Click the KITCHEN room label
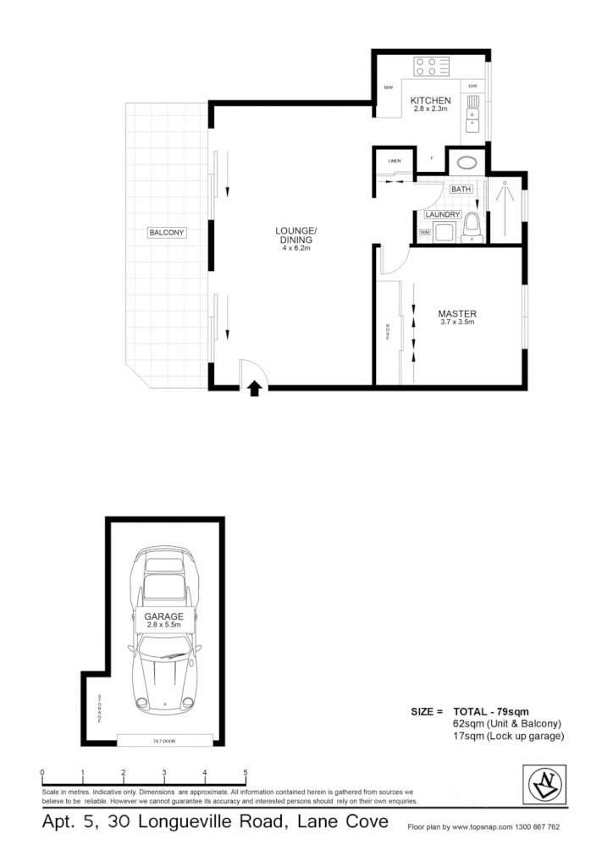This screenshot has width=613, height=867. (x=432, y=101)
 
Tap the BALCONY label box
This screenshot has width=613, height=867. (x=167, y=232)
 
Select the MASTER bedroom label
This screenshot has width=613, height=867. (x=458, y=313)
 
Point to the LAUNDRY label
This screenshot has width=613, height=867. (x=443, y=214)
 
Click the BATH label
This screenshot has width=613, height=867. (x=461, y=190)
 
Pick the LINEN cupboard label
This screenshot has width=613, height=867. (x=395, y=161)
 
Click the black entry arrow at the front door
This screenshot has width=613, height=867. (x=253, y=388)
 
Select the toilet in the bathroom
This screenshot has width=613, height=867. (x=472, y=228)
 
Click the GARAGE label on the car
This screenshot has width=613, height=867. (x=163, y=616)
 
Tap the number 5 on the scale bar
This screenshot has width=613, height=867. (x=246, y=772)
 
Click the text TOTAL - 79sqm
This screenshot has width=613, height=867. (x=491, y=710)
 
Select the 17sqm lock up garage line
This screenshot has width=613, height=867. (x=508, y=737)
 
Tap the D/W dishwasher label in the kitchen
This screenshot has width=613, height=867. (x=473, y=86)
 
